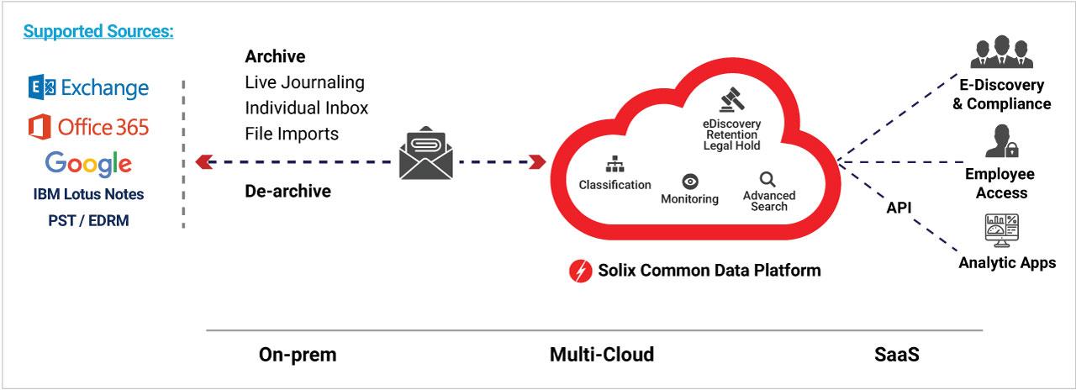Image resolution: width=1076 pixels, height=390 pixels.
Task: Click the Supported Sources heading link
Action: pos(98,32)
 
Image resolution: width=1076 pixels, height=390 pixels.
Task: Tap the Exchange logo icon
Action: pos(42,87)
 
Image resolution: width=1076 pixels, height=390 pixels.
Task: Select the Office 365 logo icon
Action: pos(40,127)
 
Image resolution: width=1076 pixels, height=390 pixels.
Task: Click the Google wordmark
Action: pos(88,163)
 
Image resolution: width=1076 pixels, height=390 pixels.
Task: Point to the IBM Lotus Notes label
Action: pos(88,194)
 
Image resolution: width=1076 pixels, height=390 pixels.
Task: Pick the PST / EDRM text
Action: pos(88,219)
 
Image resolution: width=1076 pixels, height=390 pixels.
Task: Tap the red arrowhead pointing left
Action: pos(202,161)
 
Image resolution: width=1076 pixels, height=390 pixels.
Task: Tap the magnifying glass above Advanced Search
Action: pos(767,179)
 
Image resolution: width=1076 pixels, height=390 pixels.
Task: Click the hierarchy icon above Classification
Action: pos(614,166)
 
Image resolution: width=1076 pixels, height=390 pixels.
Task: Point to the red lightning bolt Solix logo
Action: pos(581,271)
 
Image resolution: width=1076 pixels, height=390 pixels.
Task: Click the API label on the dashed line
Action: pos(899,207)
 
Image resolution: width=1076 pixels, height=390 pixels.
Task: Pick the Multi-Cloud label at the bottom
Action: pos(601,355)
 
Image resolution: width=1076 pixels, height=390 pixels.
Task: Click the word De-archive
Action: pos(287,191)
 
